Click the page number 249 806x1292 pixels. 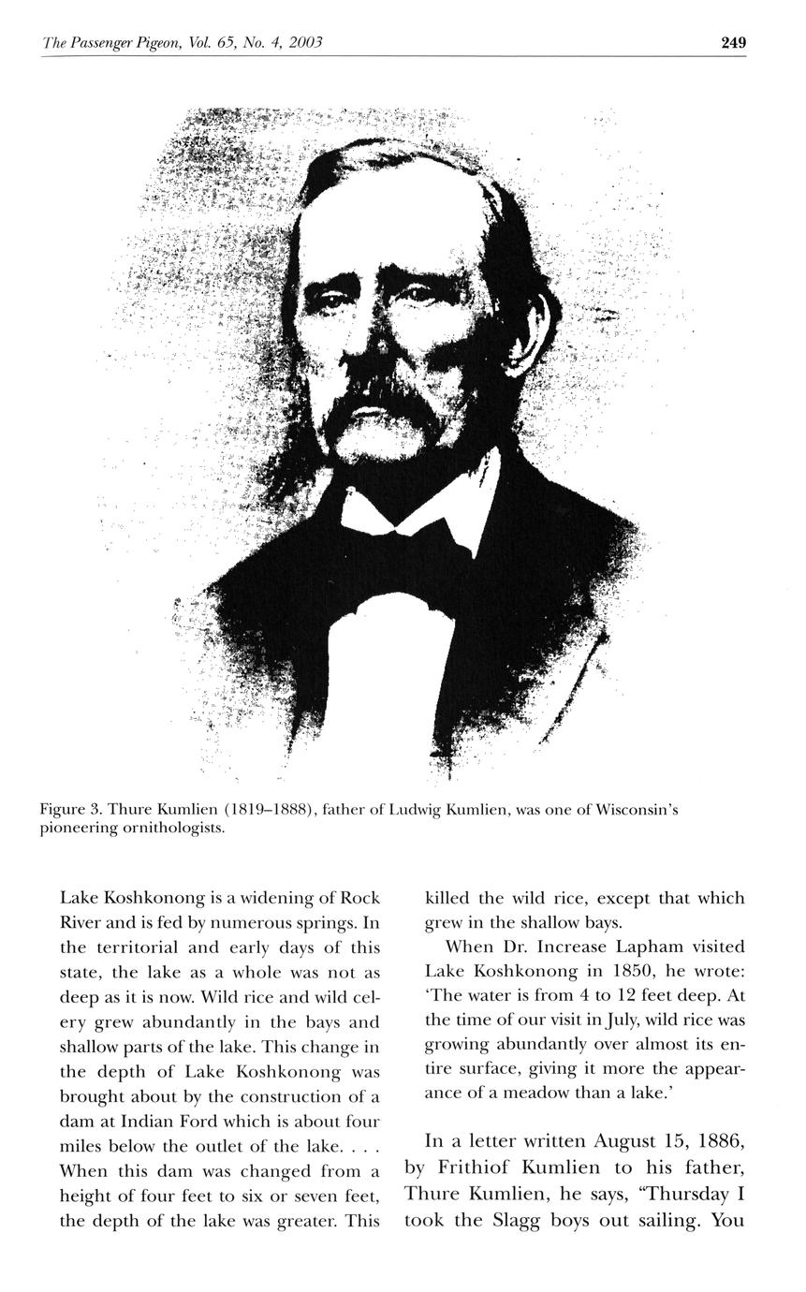pos(733,42)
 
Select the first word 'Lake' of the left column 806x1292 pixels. pos(79,898)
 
